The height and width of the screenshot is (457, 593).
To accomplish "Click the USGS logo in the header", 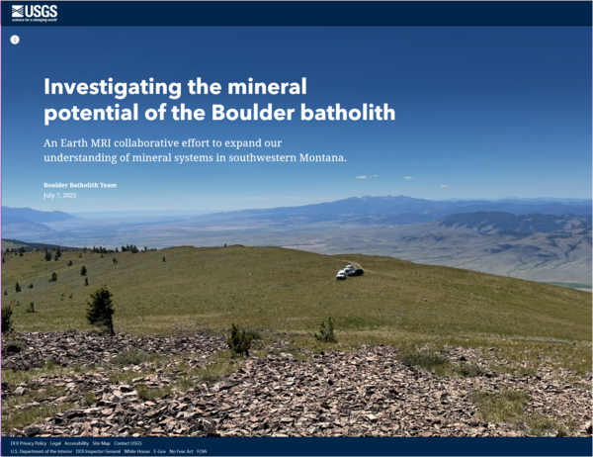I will point(35,12).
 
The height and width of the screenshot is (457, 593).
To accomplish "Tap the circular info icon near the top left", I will point(15,40).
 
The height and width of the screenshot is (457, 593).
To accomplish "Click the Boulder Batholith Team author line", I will point(79,185).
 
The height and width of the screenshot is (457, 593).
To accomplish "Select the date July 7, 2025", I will point(59,195).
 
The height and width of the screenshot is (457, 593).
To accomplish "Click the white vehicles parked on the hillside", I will point(349,271).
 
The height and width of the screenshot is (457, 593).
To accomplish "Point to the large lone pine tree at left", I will point(100,308).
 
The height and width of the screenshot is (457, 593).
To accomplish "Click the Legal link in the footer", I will point(55,443).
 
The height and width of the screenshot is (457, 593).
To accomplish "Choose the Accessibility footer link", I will point(76,443).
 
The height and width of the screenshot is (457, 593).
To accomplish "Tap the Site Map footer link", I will point(101,443).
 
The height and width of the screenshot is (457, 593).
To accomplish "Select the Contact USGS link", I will point(127,443).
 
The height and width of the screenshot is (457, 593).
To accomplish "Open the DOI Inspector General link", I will point(98,451).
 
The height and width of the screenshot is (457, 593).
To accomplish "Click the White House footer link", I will point(136,451).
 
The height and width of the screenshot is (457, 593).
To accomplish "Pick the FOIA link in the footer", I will point(202,451).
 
